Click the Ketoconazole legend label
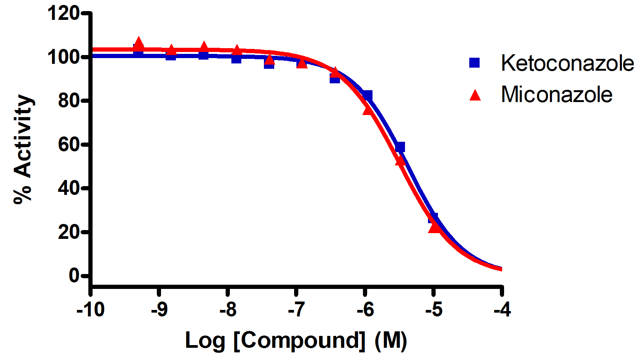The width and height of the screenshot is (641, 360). coord(567,63)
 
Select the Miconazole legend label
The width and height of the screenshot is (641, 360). coord(556,94)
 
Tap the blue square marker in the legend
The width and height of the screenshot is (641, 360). coord(475,63)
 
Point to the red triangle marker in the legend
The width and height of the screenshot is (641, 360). coord(475,95)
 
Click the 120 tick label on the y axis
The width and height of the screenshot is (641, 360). coord(63,13)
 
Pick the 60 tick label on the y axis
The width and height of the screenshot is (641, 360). coord(68,144)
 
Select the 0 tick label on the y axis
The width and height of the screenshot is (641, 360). coord(74,275)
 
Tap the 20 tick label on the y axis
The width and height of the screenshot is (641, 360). coord(68,232)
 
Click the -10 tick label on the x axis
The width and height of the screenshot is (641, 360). coord(90,310)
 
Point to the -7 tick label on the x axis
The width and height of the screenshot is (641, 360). coord(296,310)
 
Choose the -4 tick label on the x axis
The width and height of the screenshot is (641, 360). coord(502,310)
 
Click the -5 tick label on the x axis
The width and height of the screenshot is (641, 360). coord(433,310)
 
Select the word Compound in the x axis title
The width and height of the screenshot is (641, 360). coord(299,340)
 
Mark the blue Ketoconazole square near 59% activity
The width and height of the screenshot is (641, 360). coord(400,147)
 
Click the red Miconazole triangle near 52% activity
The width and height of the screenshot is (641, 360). coord(400,161)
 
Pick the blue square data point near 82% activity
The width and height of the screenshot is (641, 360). coord(368,95)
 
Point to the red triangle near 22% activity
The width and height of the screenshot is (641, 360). coord(434,227)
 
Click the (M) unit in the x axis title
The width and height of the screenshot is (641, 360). coord(390,340)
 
